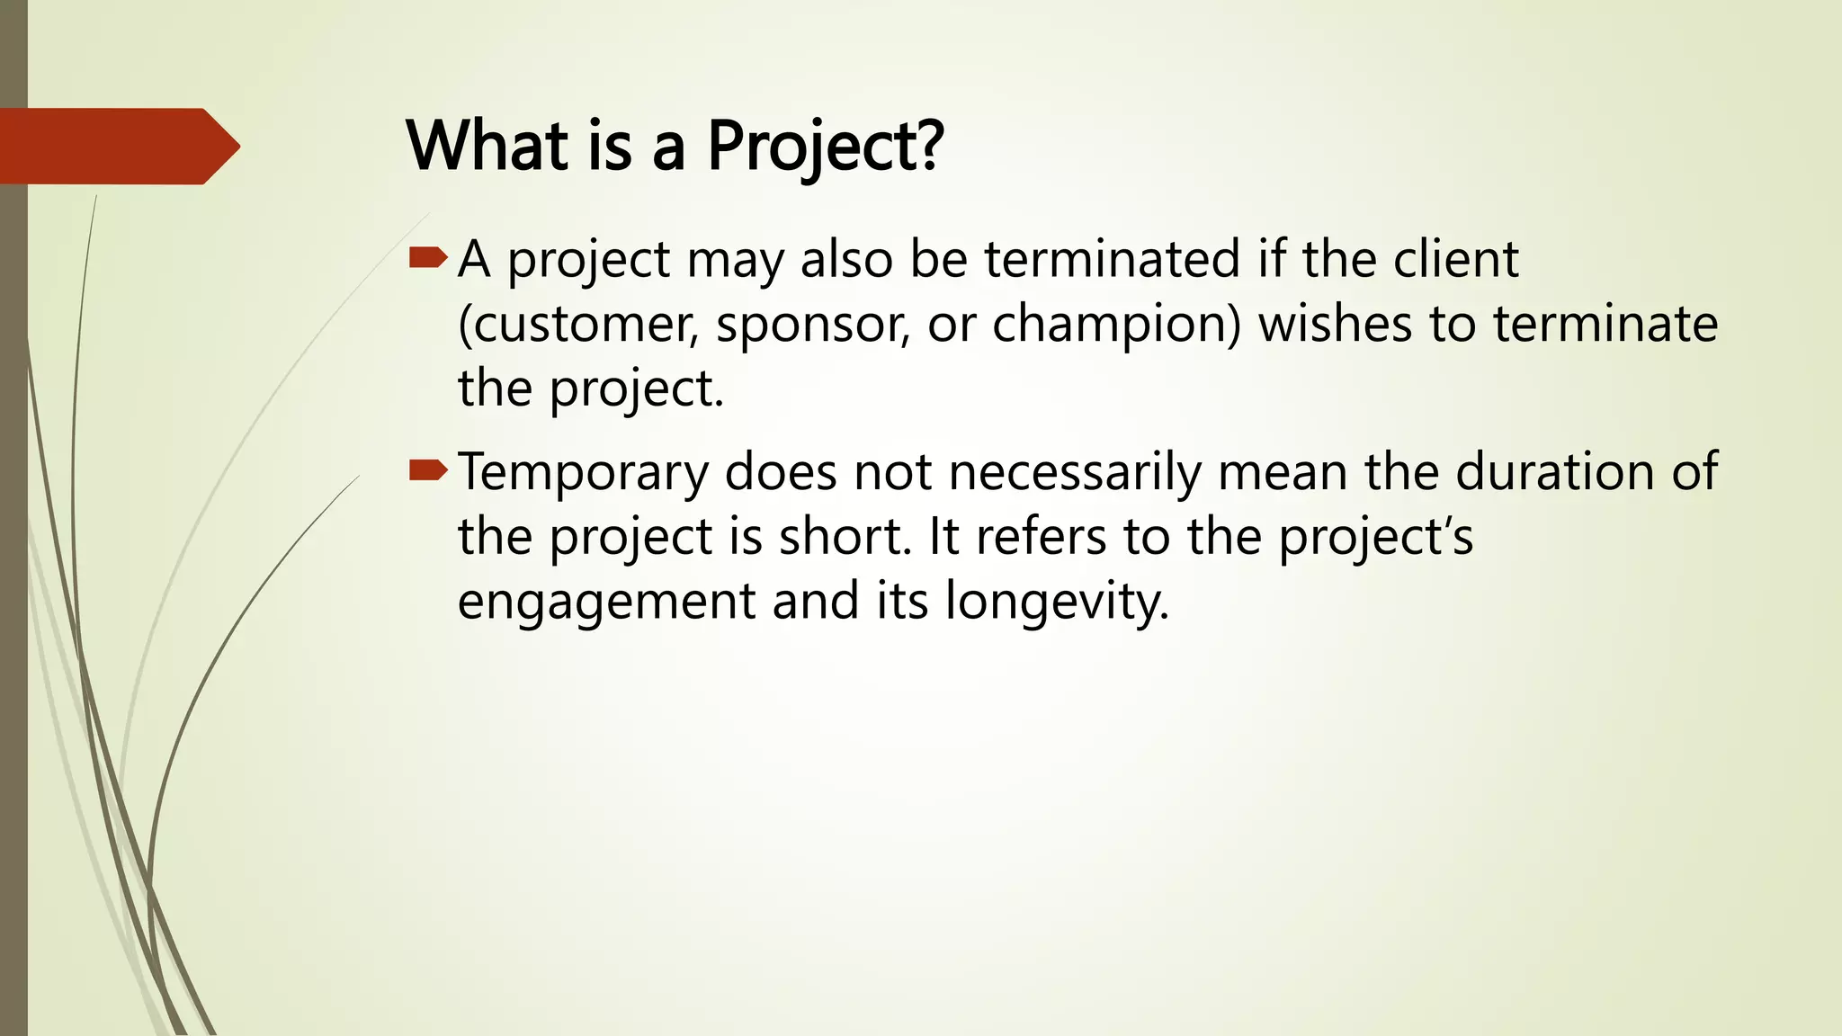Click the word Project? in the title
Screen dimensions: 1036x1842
[825, 146]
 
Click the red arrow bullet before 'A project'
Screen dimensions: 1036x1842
[428, 259]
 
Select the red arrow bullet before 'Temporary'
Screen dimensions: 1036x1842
[428, 470]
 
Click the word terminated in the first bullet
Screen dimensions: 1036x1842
[1112, 259]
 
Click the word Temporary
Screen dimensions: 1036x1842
[583, 473]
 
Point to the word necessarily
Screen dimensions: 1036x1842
[1075, 473]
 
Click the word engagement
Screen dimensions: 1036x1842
[606, 603]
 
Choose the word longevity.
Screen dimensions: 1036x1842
[1057, 603]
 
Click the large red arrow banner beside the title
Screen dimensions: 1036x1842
[117, 146]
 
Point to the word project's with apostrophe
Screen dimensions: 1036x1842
[1376, 538]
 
